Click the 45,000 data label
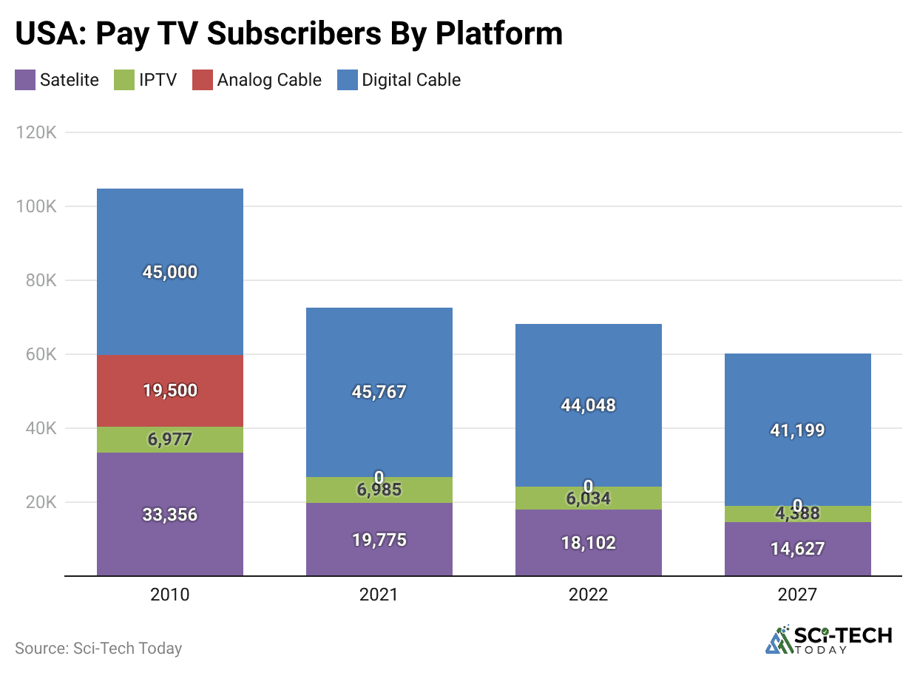[170, 272]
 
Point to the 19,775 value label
[379, 540]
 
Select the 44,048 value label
[588, 405]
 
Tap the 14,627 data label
[797, 549]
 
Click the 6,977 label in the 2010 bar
[170, 439]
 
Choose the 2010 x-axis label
[170, 595]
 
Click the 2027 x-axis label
[797, 595]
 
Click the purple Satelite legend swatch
[25, 80]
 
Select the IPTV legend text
[158, 80]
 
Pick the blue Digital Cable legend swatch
[347, 80]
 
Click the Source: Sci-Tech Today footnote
[98, 649]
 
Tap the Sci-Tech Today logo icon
[778, 640]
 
